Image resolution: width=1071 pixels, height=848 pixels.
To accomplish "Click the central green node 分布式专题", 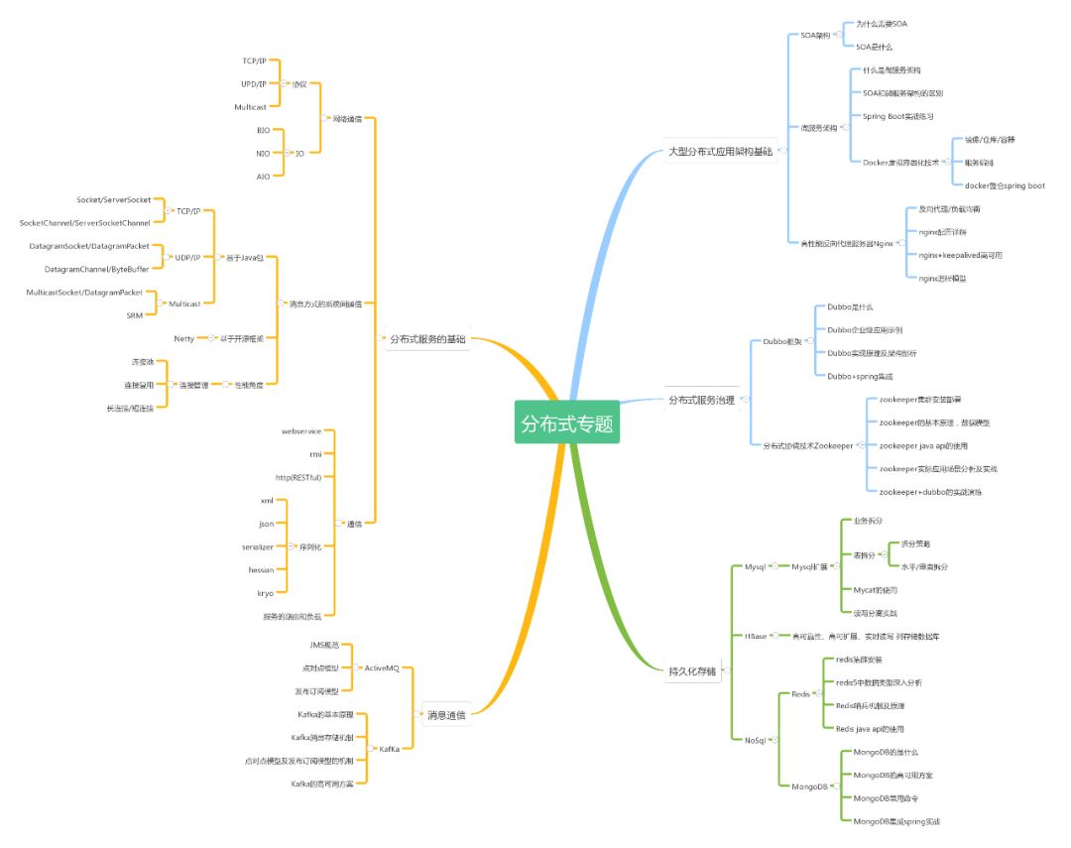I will coord(567,424).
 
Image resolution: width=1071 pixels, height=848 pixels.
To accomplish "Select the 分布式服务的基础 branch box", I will coord(427,339).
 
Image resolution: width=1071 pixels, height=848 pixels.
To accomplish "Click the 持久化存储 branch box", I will coord(692,670).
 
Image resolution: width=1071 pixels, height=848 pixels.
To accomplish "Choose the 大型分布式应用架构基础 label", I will coord(720,152).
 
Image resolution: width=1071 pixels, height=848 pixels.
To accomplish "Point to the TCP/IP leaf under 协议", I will coord(254,61).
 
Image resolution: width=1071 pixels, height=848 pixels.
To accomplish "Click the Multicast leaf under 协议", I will coord(249,106).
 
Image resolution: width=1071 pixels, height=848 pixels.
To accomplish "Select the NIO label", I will coord(263,153).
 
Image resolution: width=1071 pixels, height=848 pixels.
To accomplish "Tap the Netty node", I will coord(184,338).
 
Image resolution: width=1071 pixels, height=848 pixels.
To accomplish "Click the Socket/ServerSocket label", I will coord(114,199).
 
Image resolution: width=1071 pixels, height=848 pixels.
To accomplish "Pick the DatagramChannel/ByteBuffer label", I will coord(97,269).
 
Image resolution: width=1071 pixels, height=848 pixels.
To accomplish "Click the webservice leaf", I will coord(301,431).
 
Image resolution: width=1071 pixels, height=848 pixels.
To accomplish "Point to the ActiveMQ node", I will coord(381,667).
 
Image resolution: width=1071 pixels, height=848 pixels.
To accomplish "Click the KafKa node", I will coord(389,749).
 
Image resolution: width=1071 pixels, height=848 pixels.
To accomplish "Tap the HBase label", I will coord(756,636).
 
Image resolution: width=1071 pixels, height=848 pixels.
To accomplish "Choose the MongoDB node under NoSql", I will coord(809,787).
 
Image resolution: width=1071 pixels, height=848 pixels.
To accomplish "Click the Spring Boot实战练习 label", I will coord(898,116).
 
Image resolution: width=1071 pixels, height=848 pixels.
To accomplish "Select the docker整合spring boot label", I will coord(1005,185).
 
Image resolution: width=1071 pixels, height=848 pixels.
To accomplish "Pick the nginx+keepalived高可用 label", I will coord(961,255).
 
